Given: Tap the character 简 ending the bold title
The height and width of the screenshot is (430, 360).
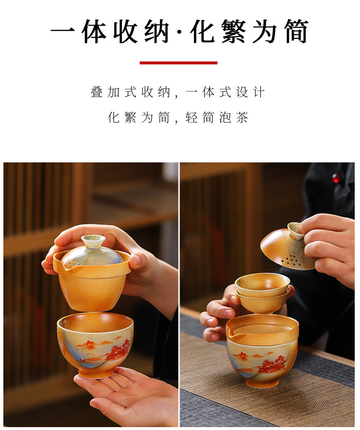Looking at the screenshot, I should coord(294,32).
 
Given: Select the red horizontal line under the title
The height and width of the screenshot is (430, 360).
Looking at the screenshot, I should coord(178,62).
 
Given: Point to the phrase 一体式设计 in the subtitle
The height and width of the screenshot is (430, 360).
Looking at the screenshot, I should coord(225,92).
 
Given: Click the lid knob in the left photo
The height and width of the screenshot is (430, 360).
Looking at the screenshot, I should coord(93,241).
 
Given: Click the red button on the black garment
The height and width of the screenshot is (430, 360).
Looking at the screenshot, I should coord(336,178).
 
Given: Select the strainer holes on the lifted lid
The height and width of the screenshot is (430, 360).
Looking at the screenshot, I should coord(291,260).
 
